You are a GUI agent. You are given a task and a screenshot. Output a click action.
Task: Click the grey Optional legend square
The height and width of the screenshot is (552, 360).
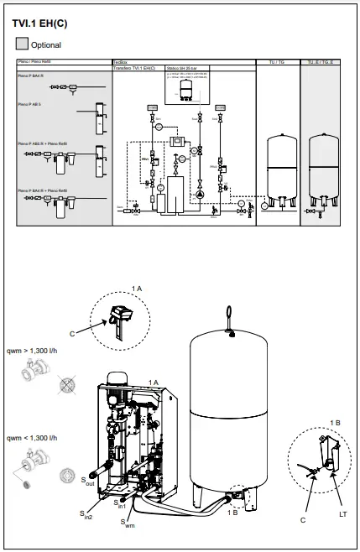pyautogui.click(x=21, y=44)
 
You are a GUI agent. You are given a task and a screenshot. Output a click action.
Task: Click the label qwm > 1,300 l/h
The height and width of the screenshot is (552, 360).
pyautogui.click(x=33, y=353)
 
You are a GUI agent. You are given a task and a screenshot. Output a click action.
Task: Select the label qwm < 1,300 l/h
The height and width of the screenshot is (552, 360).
pyautogui.click(x=33, y=438)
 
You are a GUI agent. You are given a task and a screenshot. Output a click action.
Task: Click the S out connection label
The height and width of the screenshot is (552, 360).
pyautogui.click(x=87, y=482)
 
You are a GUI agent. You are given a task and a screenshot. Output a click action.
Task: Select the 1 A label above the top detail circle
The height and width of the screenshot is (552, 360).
pyautogui.click(x=137, y=288)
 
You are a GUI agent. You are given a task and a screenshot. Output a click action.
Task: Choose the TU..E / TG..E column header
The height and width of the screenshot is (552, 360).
pyautogui.click(x=323, y=62)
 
